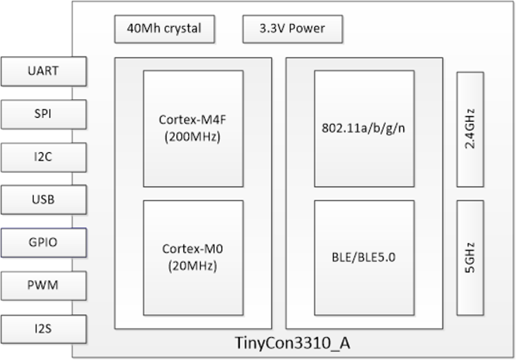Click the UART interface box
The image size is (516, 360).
point(44,71)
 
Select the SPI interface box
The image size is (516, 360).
point(44,114)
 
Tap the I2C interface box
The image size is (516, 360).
point(44,157)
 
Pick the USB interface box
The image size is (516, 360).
point(44,200)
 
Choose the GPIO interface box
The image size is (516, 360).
point(44,243)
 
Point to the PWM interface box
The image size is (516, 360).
point(44,286)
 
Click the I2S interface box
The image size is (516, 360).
point(44,329)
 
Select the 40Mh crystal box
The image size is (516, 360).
point(164,29)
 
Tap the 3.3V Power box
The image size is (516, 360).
point(291,29)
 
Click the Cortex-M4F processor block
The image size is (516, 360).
point(193,128)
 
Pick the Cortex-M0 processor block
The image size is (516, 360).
point(193,257)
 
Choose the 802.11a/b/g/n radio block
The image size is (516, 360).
point(363,128)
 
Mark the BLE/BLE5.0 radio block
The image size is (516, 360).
point(363,257)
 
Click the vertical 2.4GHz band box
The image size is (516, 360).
point(470,129)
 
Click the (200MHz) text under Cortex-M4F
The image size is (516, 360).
point(193,137)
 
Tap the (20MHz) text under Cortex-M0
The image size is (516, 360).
point(193,266)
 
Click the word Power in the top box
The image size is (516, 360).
point(307,29)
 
